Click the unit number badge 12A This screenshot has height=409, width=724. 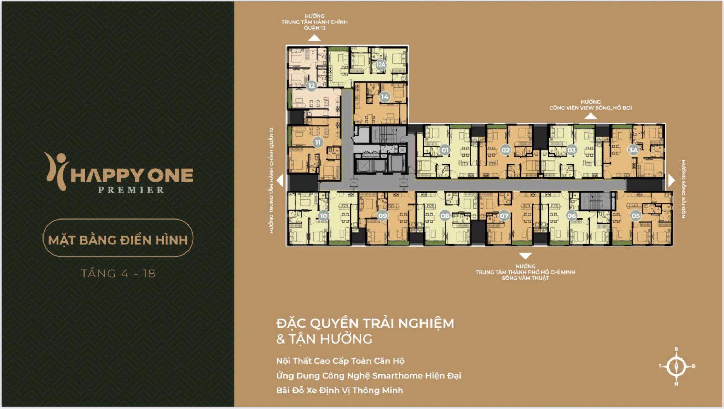click(x=381, y=65)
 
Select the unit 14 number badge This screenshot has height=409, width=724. click(x=385, y=97)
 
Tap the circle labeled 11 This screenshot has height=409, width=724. click(x=318, y=142)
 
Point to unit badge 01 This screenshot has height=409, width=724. click(x=445, y=150)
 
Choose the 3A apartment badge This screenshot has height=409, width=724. click(x=633, y=150)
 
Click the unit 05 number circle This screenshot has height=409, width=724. click(x=636, y=216)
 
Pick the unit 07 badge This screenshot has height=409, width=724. click(x=504, y=216)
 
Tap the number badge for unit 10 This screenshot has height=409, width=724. click(x=323, y=216)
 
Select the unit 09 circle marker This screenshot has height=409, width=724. click(x=382, y=216)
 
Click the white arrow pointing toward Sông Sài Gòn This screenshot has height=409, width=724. click(x=672, y=180)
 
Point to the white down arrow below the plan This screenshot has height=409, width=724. click(x=525, y=256)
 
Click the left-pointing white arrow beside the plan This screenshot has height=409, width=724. click(x=280, y=180)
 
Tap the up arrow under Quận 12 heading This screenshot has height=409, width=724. click(x=314, y=38)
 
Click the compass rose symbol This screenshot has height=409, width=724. click(x=676, y=367)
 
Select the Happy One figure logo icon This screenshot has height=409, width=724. click(x=56, y=171)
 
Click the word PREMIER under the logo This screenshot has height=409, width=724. click(x=131, y=190)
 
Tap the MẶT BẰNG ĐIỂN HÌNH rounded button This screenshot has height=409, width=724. click(x=118, y=238)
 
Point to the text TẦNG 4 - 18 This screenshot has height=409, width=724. click(x=118, y=274)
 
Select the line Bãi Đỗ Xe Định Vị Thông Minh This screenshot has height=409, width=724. click(x=340, y=391)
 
